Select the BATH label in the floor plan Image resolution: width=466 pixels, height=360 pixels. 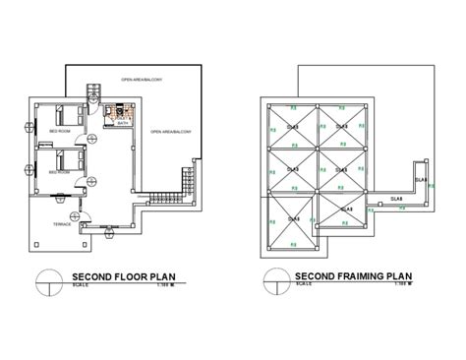[x=121, y=124]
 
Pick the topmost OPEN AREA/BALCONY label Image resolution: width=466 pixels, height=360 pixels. [x=142, y=79]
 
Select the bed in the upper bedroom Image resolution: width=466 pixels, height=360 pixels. [x=67, y=113]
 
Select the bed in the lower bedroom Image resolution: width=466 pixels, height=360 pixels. [x=67, y=156]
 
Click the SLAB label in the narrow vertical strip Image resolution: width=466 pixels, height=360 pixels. [x=420, y=180]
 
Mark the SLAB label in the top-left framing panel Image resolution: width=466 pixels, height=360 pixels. [x=292, y=127]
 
